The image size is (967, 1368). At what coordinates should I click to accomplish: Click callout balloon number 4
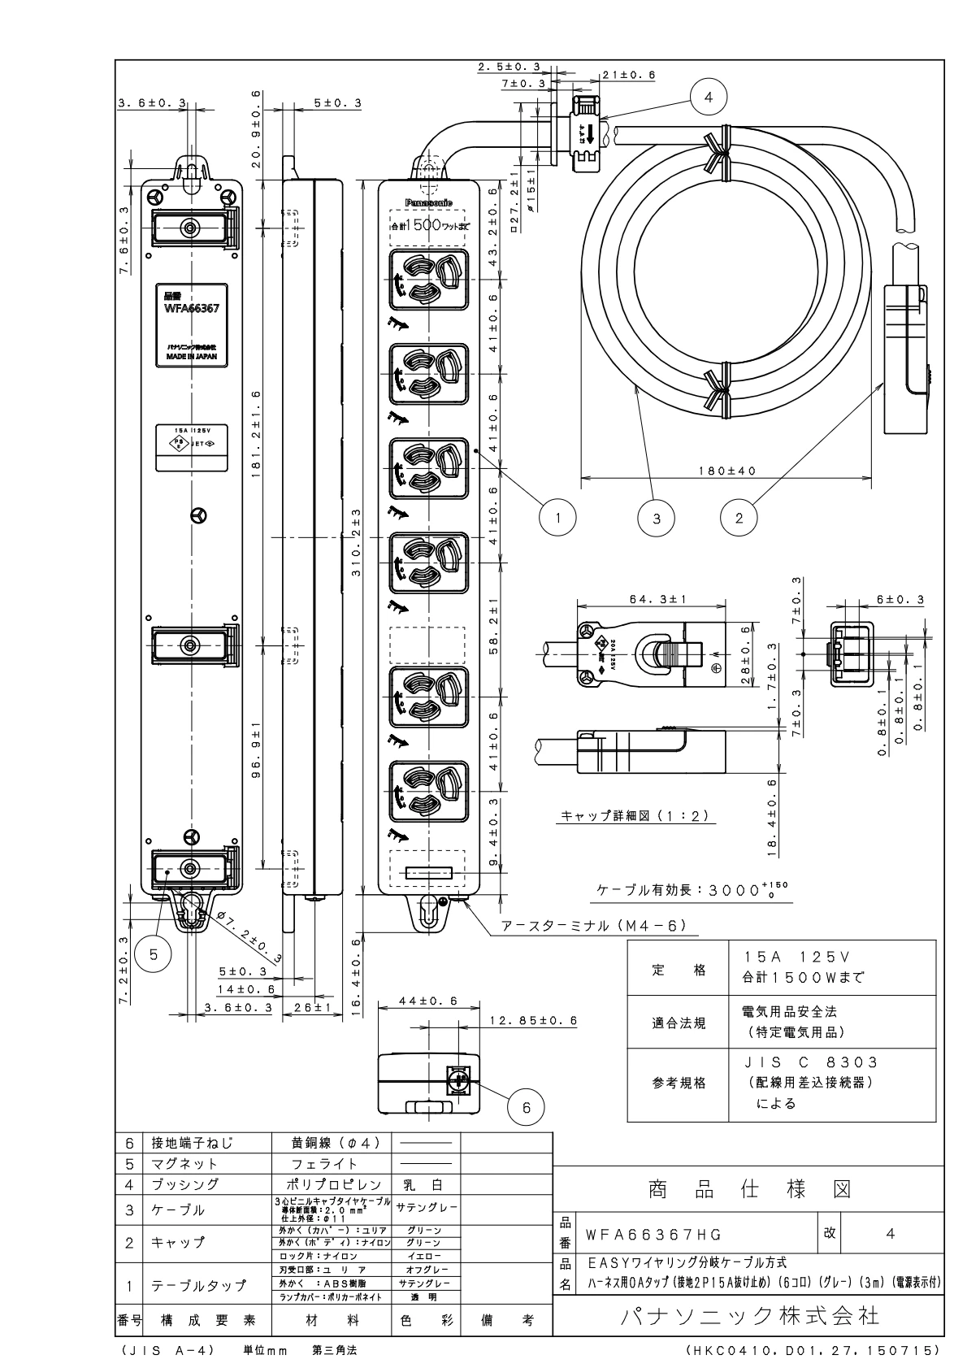click(708, 97)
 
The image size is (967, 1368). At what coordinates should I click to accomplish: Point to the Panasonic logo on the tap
click(429, 202)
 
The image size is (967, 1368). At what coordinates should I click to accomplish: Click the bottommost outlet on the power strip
click(429, 789)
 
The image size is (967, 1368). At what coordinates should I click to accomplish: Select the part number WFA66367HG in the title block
click(653, 1234)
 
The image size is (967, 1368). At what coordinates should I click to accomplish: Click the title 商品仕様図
click(749, 1190)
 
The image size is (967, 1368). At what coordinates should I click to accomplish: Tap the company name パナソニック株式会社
click(749, 1315)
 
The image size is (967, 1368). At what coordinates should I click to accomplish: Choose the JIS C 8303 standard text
click(811, 1062)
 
